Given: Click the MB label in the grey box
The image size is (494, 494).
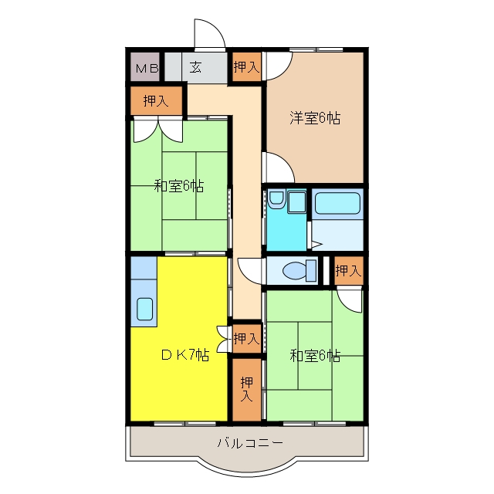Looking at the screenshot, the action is coord(147,68).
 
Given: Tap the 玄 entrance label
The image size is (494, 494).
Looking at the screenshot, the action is coord(195,67).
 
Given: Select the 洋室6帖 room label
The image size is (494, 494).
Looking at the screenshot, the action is coord(315,118).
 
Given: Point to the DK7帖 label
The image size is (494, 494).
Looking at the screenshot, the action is coord(185,355).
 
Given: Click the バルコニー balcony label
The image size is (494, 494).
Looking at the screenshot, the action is coord(250,443).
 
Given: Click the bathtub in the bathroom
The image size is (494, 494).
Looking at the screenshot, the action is coord(337,203).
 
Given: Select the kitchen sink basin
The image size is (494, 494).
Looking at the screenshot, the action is coord(145,309).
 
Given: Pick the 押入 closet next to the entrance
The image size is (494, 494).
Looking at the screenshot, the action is coord(247,67).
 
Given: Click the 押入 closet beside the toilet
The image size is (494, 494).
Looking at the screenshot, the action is coord(348,271).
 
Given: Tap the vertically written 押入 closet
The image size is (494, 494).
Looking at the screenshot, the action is coord(247,389).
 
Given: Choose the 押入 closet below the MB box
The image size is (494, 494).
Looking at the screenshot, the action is coord(156,100).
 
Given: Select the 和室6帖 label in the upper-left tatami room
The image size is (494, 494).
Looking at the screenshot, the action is coord(179,186).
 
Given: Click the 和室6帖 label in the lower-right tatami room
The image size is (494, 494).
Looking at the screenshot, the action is coord(315,356).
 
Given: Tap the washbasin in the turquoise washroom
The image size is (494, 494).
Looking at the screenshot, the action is coord(276,199).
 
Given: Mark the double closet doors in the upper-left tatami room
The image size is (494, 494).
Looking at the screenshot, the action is coord(158,130).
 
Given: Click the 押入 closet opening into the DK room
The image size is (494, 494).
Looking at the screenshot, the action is coord(247,339).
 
